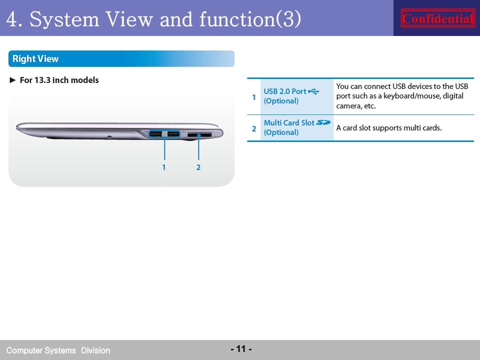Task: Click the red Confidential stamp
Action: coord(438,18)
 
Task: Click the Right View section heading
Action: coord(35,58)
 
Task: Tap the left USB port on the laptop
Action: coord(156,134)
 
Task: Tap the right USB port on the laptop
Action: coord(173,134)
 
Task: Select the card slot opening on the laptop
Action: coord(199,134)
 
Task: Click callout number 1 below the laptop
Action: coord(164,167)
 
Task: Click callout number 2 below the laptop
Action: coord(198,167)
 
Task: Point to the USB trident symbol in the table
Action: coord(313,91)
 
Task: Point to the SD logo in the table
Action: coord(323,122)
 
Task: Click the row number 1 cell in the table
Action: coord(254,97)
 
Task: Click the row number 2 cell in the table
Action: coord(254,128)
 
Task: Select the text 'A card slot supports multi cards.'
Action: coord(389,127)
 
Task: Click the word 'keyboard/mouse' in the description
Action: coord(412,96)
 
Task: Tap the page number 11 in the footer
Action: coord(241,348)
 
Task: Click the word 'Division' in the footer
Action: coord(95,350)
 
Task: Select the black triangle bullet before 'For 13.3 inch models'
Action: coord(13,80)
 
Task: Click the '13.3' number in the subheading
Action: coord(42,80)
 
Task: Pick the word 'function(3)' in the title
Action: coord(250,19)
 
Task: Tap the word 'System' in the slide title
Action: coord(64,19)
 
